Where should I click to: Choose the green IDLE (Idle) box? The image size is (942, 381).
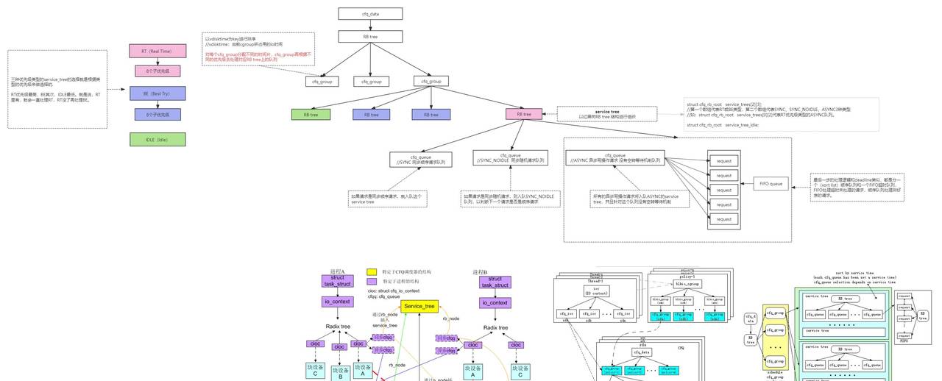point(157,139)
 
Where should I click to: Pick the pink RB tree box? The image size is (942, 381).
point(524,114)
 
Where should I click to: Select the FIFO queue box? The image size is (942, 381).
point(771,183)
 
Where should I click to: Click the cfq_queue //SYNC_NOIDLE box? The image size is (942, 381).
point(511,158)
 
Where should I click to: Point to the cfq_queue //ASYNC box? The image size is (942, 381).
point(615,157)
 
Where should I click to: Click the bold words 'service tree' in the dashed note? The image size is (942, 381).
point(607,111)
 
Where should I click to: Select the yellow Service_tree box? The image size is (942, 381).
point(420,306)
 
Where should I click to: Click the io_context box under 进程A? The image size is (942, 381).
point(338,302)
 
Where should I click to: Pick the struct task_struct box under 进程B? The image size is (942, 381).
point(495,282)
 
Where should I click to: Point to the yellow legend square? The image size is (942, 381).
point(372,272)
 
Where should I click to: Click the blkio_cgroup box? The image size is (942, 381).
point(687,283)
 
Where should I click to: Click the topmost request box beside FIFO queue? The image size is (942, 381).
point(724,161)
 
